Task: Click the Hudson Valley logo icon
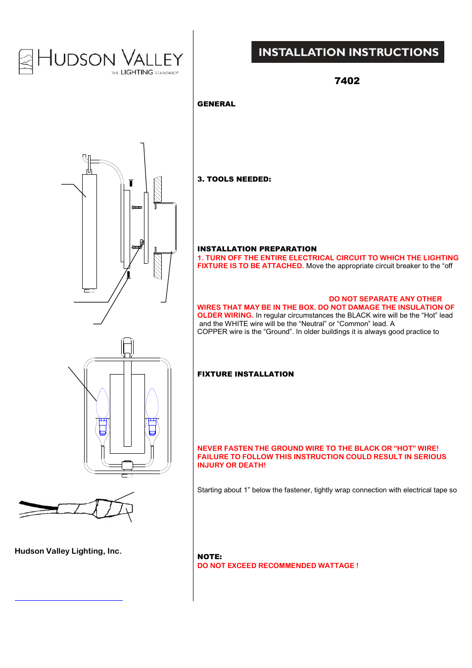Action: (26, 62)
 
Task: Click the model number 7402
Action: (347, 81)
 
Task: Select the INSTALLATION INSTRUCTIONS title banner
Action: (348, 52)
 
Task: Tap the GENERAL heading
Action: (216, 104)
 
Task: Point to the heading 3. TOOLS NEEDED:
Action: (234, 179)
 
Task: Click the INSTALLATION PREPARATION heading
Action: (257, 249)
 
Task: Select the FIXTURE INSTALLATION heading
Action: (245, 374)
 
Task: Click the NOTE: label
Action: (209, 557)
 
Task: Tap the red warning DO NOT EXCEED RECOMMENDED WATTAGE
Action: (278, 566)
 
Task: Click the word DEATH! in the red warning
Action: (253, 465)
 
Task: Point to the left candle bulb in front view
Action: (102, 403)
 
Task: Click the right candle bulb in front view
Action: (152, 403)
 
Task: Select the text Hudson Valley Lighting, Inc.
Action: (68, 551)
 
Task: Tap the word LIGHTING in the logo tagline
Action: (137, 72)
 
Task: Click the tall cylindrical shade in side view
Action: (90, 231)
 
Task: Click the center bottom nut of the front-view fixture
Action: (127, 465)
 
